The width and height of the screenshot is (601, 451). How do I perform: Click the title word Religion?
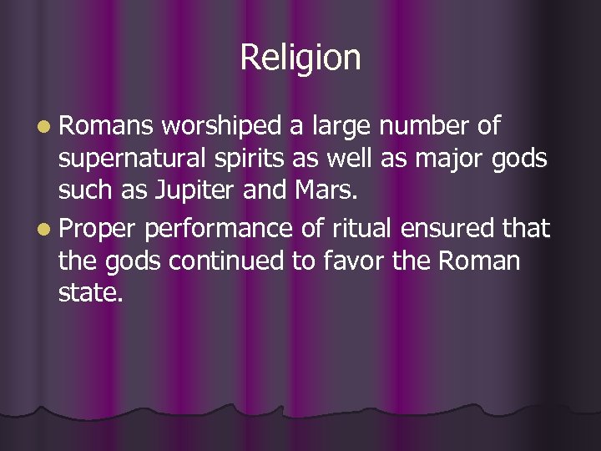pos(300,58)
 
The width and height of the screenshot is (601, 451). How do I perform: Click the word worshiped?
pos(223,127)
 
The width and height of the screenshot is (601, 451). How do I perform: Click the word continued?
pos(238,261)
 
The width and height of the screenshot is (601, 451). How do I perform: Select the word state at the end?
pos(89,294)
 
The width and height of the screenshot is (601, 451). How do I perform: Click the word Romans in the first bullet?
pos(106,127)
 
